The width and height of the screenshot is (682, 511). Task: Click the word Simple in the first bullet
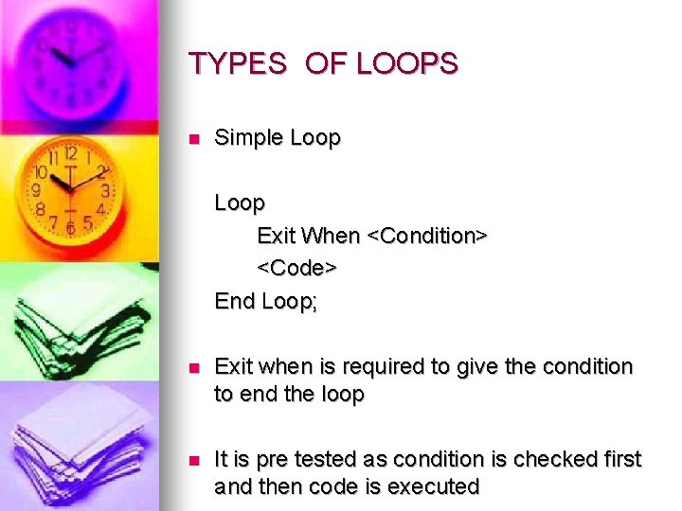pyautogui.click(x=249, y=138)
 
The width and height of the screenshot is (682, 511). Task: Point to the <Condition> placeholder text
pyautogui.click(x=426, y=236)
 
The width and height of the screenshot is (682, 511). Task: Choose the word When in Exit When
pyautogui.click(x=332, y=236)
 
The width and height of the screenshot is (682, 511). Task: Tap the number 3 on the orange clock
pyautogui.click(x=105, y=191)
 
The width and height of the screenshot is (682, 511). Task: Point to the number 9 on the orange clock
pyautogui.click(x=37, y=189)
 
